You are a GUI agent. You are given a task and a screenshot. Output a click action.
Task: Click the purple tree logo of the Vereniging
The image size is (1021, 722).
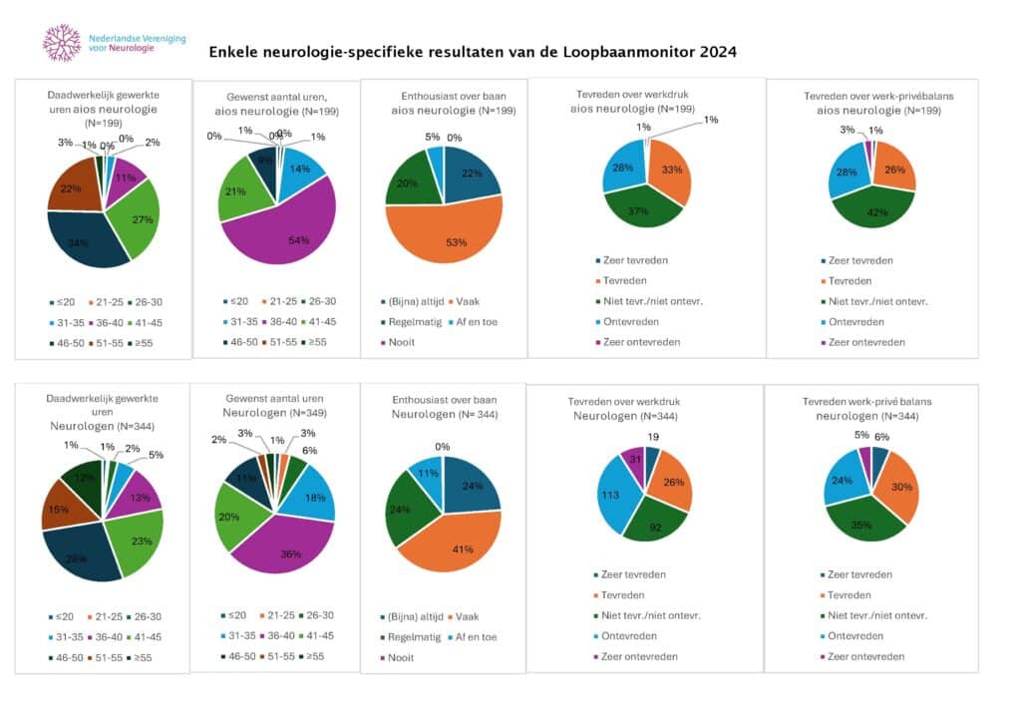tap(62, 43)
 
